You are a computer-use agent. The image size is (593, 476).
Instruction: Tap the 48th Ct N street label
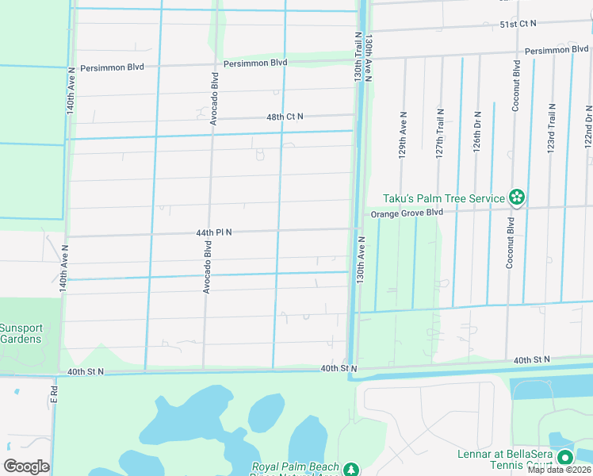[x=285, y=117]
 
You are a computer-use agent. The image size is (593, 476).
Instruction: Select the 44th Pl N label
[x=214, y=232]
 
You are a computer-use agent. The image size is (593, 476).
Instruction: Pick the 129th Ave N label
[x=403, y=140]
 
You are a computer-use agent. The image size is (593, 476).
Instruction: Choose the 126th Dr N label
[x=477, y=132]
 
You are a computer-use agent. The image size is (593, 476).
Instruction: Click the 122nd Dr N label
[x=588, y=127]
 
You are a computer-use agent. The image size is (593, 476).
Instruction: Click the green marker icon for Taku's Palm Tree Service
[x=517, y=197]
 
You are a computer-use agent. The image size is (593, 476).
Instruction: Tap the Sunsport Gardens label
[x=21, y=333]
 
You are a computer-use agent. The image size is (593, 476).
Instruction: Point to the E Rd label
[x=54, y=393]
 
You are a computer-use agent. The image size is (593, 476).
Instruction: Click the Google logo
[x=25, y=466]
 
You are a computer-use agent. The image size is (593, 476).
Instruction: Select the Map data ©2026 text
[x=559, y=470]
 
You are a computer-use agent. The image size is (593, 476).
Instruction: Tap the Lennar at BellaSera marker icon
[x=564, y=458]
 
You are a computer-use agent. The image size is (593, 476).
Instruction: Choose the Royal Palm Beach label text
[x=296, y=468]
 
